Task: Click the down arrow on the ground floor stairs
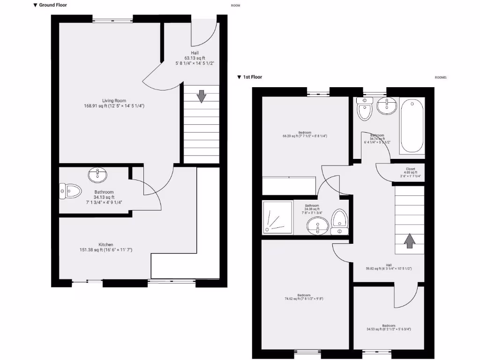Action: tap(201, 96)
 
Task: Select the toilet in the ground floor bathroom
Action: tap(70, 191)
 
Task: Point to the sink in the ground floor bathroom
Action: tap(97, 175)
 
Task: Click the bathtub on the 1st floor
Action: tap(412, 126)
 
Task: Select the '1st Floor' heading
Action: tap(252, 77)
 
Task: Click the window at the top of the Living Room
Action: tap(112, 19)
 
